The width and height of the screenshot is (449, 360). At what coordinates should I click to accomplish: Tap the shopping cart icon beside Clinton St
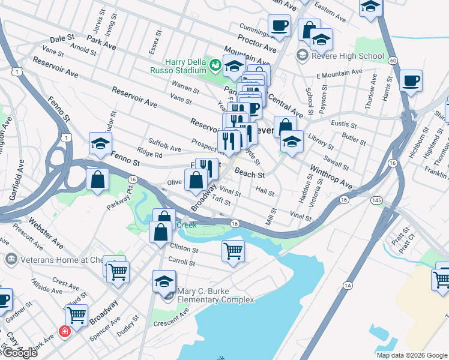coord(233,250)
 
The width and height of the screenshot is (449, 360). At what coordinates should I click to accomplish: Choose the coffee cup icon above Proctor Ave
coord(279,26)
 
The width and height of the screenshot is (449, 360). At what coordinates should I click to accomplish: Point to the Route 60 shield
coord(392,61)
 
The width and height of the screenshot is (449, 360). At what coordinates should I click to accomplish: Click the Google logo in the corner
coord(21,353)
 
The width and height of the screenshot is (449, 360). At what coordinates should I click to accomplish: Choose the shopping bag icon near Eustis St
coord(285,126)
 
